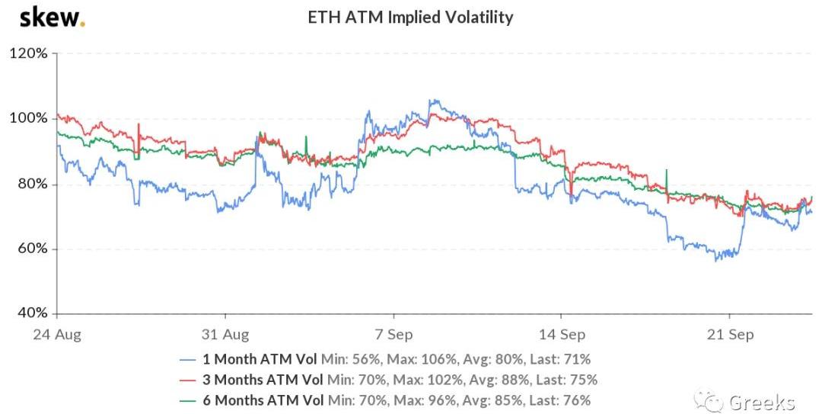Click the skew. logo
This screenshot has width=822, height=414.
(x=52, y=17)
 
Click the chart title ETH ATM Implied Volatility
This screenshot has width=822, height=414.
(x=410, y=17)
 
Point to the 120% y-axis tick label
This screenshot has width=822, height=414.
(x=29, y=54)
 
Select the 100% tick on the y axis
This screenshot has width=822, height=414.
(x=29, y=119)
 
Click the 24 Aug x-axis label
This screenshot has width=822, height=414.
(x=57, y=333)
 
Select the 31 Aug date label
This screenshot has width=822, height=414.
(x=225, y=333)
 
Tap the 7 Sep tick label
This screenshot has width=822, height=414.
(x=393, y=333)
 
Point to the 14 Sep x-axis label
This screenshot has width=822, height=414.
(x=561, y=333)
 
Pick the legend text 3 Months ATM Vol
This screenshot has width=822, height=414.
(x=263, y=380)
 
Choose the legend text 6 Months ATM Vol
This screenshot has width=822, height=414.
(x=263, y=400)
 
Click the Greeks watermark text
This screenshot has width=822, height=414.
(x=761, y=401)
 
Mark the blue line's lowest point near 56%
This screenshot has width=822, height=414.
(x=715, y=260)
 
